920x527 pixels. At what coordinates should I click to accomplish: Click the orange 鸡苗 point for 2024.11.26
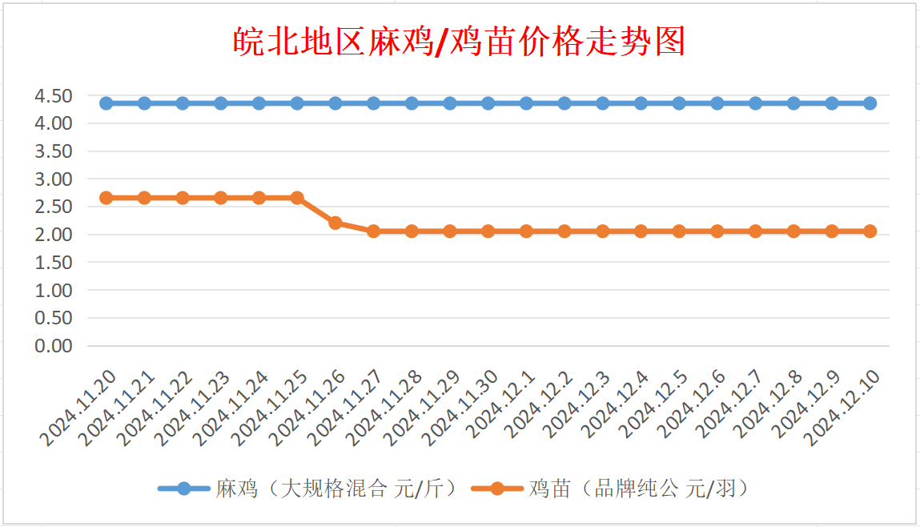click(x=335, y=223)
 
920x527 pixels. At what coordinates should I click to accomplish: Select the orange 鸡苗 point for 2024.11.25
click(x=297, y=198)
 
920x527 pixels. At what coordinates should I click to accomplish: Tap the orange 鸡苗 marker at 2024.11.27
click(x=373, y=231)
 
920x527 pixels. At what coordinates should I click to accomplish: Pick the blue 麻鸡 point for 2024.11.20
click(x=106, y=103)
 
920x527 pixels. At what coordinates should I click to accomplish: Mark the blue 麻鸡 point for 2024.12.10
click(x=870, y=103)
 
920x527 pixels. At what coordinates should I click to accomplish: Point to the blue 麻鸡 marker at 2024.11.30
click(x=488, y=103)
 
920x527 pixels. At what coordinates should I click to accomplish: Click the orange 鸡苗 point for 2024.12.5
click(x=679, y=231)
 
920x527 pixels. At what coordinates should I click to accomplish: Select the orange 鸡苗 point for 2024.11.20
click(x=106, y=198)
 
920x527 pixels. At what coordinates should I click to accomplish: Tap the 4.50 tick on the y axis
click(x=54, y=96)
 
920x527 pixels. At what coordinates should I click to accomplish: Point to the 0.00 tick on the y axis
click(x=54, y=346)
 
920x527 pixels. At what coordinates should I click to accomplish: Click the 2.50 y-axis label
click(x=54, y=207)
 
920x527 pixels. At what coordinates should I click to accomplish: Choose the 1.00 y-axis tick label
click(x=54, y=290)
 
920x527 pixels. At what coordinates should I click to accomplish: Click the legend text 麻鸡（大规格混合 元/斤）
click(x=336, y=489)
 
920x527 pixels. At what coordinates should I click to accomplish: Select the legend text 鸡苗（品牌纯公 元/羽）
click(x=641, y=489)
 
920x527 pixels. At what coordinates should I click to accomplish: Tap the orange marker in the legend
click(x=497, y=489)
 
